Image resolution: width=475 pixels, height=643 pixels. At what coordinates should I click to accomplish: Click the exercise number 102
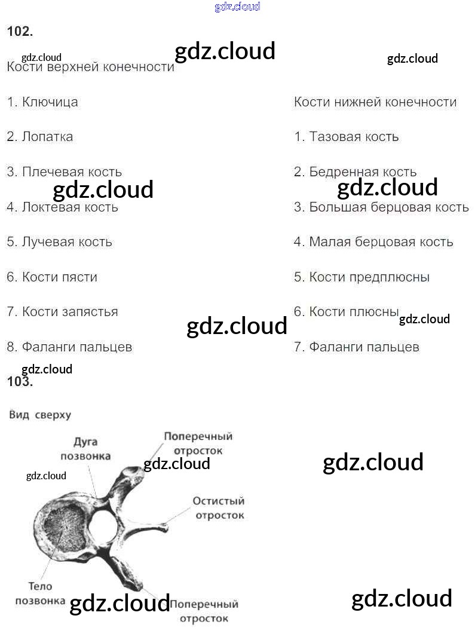click(19, 32)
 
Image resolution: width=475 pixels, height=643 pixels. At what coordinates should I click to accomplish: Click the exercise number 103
click(19, 382)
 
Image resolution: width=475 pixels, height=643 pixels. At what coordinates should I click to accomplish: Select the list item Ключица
click(42, 102)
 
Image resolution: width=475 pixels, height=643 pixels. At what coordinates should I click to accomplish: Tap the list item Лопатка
click(40, 137)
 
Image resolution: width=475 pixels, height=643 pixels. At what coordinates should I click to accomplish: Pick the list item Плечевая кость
click(65, 172)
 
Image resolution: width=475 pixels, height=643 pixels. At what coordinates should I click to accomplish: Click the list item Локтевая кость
click(63, 207)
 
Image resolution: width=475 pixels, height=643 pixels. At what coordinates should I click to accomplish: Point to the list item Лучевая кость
click(60, 242)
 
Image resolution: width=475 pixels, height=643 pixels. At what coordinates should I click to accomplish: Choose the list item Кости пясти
click(52, 277)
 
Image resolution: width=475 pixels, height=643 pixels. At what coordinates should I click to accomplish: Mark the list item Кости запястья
click(63, 312)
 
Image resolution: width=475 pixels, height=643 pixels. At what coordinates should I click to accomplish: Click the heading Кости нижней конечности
click(375, 102)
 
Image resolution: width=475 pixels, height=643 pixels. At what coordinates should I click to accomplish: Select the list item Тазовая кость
click(347, 137)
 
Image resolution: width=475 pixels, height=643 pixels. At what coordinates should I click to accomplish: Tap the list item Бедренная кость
click(356, 172)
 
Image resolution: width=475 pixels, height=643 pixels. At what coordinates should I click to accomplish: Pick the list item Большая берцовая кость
click(381, 207)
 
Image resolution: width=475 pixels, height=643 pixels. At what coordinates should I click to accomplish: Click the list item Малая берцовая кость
click(373, 242)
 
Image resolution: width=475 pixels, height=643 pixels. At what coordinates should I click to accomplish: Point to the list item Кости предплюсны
click(361, 277)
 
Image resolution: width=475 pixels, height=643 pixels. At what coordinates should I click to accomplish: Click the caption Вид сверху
click(40, 415)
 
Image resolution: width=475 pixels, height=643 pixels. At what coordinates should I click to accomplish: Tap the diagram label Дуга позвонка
click(85, 449)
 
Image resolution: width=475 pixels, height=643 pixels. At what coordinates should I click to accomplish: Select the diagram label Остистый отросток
click(218, 507)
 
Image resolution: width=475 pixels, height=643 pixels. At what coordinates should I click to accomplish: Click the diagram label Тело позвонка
click(40, 593)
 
